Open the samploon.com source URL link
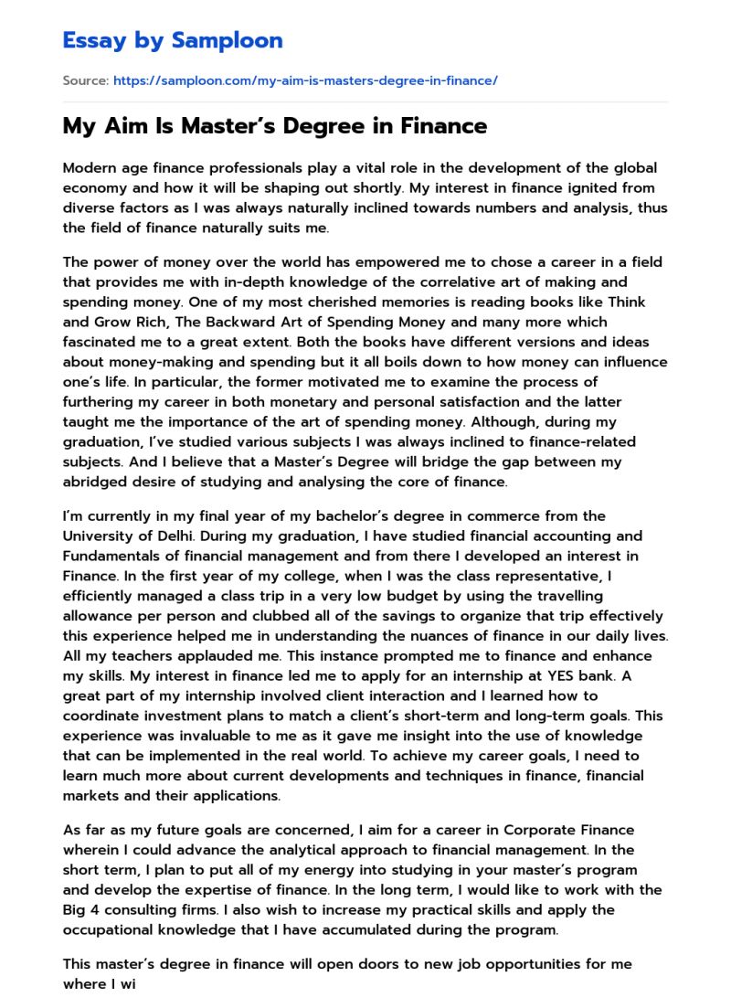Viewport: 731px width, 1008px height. coord(305,81)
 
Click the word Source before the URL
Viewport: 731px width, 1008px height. coord(85,81)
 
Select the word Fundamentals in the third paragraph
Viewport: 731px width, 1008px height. coord(113,556)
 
